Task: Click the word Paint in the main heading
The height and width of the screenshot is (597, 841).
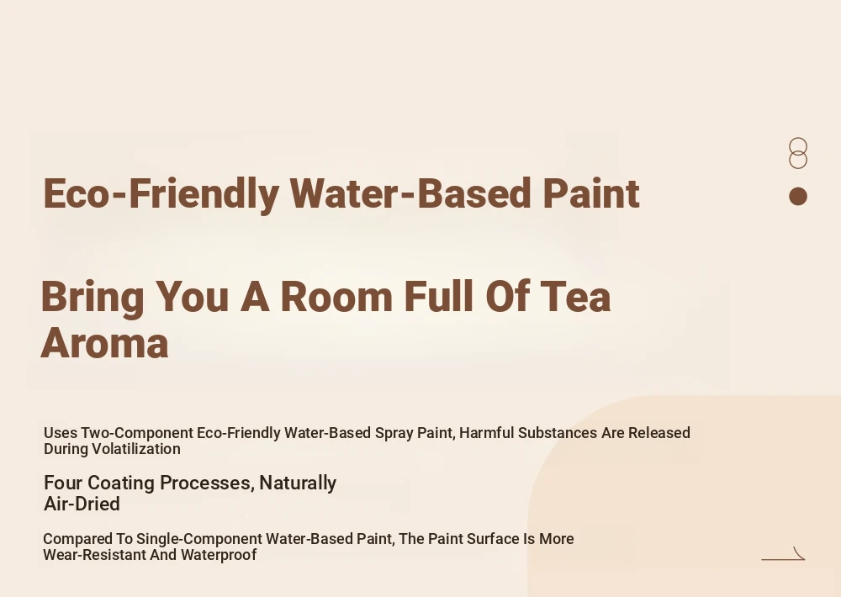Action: (590, 193)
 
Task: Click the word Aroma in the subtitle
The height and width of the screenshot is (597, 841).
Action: (104, 343)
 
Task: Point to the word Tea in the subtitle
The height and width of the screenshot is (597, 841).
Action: (575, 296)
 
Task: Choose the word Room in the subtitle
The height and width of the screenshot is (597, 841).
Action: (336, 296)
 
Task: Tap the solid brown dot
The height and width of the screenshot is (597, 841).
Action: (798, 196)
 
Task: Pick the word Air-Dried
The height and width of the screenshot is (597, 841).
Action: (82, 504)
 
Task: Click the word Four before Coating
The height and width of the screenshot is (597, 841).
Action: (63, 483)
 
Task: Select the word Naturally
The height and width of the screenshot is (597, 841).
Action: (298, 483)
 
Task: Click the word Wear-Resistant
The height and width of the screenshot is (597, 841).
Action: (94, 555)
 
